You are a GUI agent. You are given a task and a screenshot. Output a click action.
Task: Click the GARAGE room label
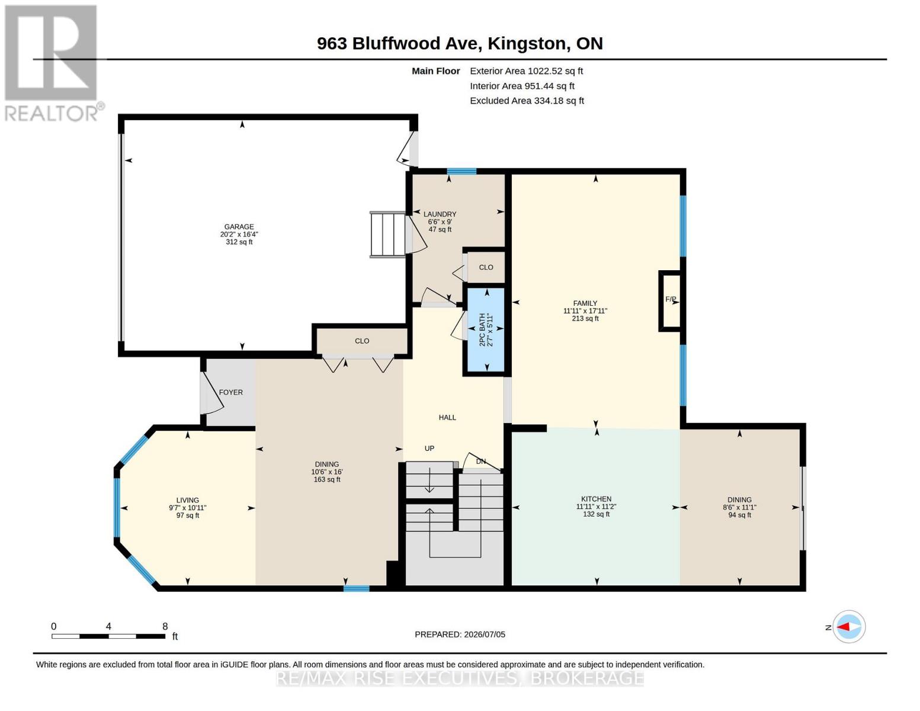(239, 226)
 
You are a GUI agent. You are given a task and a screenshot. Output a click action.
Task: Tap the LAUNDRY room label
(440, 214)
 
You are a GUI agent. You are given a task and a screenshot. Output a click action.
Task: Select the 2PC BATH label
(482, 330)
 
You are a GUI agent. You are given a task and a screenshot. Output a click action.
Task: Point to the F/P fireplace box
(670, 301)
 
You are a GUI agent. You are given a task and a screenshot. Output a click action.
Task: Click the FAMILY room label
(585, 303)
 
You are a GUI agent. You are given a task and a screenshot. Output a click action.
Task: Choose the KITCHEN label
(596, 499)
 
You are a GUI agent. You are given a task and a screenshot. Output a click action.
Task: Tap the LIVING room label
(188, 500)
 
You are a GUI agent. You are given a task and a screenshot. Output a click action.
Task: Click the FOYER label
(231, 393)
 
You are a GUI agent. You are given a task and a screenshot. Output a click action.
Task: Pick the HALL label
(447, 418)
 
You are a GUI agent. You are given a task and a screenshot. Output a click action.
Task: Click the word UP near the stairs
(429, 449)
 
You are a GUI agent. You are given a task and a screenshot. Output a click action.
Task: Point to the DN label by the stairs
(481, 462)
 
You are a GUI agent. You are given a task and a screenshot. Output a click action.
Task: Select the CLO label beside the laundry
(486, 267)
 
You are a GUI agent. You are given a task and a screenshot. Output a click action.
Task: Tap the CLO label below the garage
(362, 341)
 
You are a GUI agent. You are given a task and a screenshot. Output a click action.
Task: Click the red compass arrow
(844, 627)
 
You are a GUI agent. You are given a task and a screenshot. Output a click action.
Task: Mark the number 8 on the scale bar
(165, 626)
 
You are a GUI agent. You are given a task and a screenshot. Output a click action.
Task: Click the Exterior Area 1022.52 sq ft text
(526, 71)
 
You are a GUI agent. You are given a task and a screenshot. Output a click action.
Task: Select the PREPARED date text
(460, 635)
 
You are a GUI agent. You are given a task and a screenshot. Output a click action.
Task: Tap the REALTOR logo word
(51, 114)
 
